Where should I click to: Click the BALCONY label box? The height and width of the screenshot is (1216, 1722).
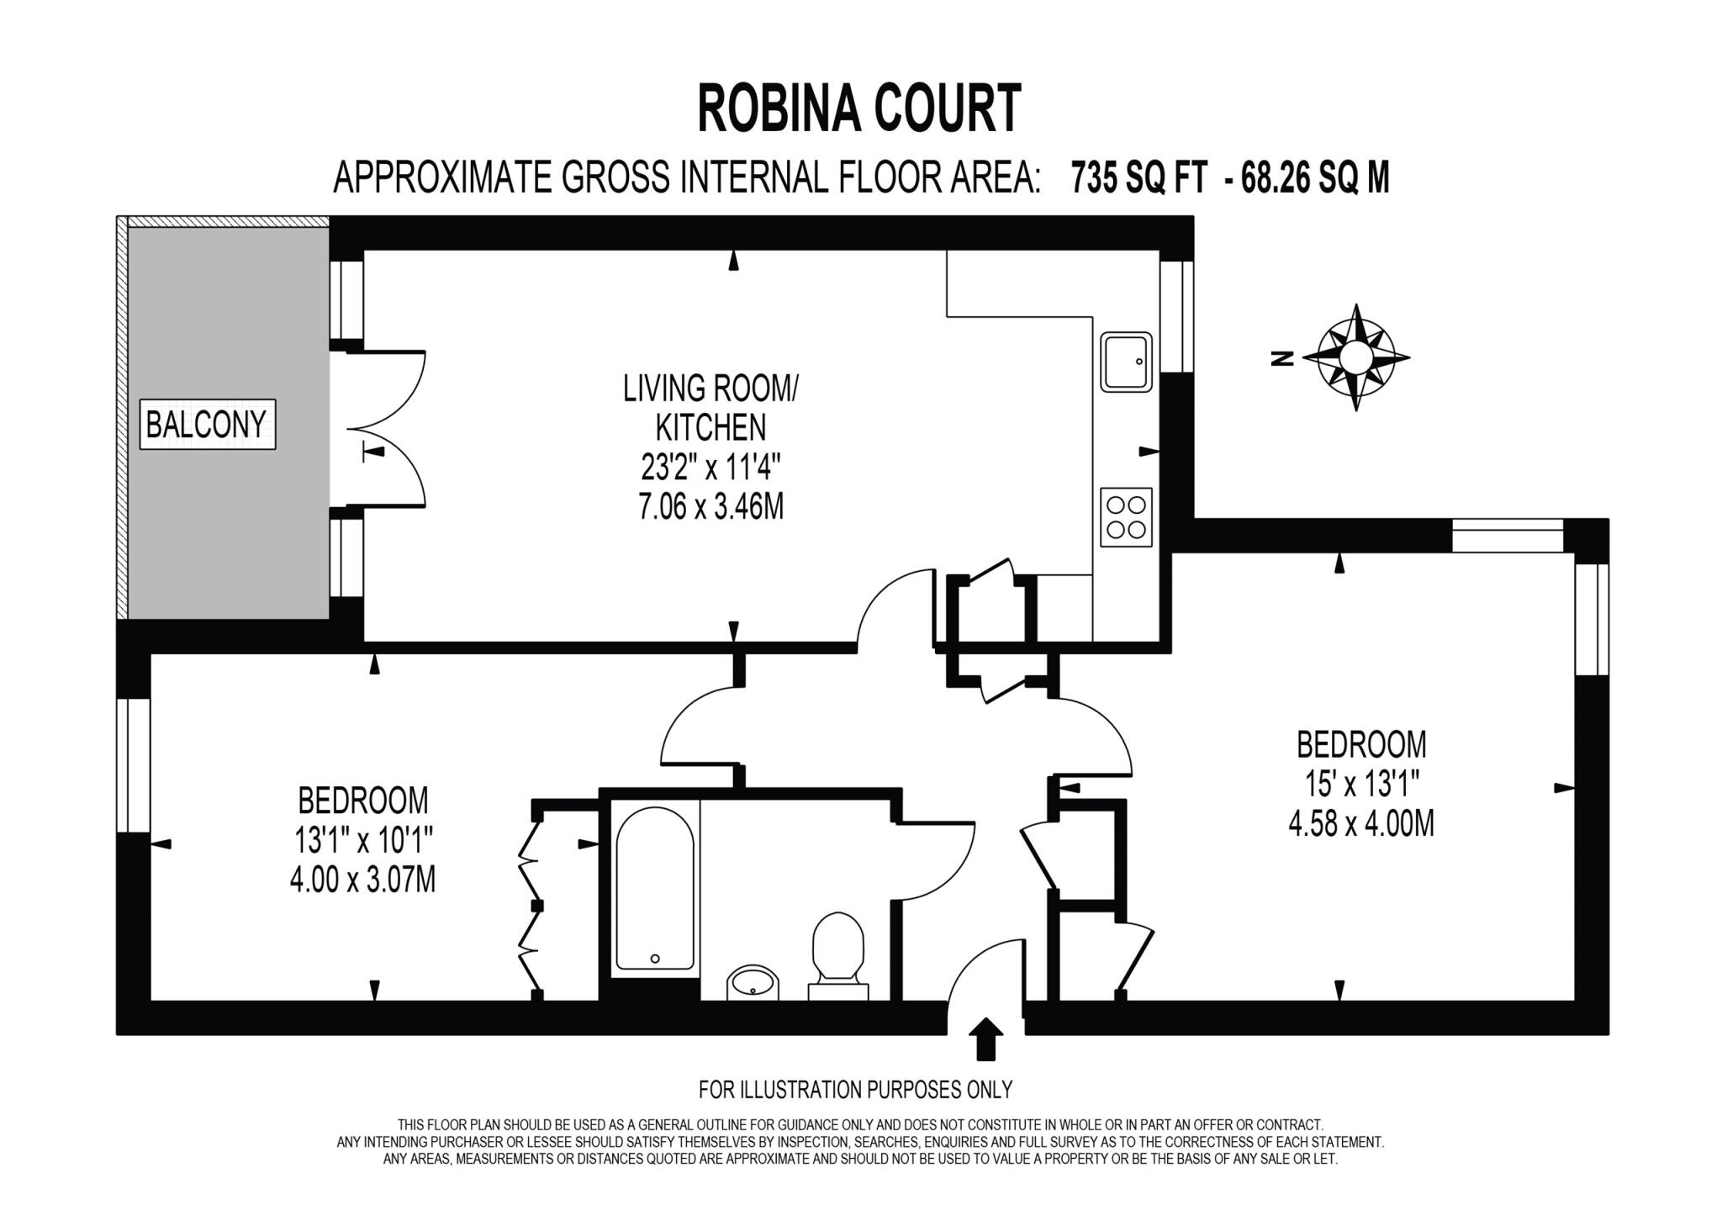coord(207,424)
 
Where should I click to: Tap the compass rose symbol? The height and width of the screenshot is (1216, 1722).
coord(1355,357)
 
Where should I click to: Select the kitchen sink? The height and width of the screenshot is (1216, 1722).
coord(1126,362)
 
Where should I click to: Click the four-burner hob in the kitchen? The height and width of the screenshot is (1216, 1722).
coord(1126,517)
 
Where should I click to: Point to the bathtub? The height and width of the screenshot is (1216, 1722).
coord(655,889)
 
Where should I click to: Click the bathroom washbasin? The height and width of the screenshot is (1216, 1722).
coord(753,981)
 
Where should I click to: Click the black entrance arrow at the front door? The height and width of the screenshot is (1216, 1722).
coord(986,1039)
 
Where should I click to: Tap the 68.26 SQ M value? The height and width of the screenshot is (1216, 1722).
coord(1315,178)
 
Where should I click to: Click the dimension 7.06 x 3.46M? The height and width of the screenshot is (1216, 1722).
coord(710,508)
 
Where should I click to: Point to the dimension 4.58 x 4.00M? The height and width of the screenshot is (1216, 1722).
coord(1360,823)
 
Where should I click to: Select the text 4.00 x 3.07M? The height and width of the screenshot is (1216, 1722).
coord(362,880)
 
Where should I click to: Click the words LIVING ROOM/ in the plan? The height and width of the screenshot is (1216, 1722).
coord(710,389)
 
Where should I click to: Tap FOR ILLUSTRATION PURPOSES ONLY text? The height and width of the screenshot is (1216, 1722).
coord(855,1090)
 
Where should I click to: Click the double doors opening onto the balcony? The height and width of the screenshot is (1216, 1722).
coord(391,429)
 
